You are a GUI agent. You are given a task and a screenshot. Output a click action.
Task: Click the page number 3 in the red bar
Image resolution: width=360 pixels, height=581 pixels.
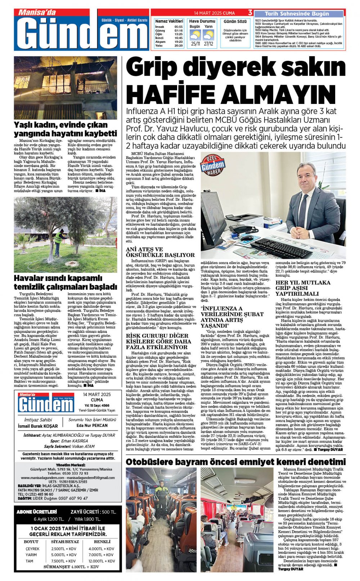click(250, 13)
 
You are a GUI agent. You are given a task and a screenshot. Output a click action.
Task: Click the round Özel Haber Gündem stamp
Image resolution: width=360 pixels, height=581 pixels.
click(212, 165)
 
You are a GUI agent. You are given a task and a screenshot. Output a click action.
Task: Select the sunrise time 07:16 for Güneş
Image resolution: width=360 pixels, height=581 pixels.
click(178, 31)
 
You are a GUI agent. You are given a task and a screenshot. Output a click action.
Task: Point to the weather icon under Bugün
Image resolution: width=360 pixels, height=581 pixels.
click(195, 35)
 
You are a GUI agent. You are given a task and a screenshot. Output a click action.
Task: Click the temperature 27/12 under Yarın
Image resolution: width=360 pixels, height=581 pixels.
click(208, 44)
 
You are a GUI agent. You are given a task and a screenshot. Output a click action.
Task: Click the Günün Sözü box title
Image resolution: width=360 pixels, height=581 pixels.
click(235, 22)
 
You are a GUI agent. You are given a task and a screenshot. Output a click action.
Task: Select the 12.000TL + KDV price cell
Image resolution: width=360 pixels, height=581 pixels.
click(102, 561)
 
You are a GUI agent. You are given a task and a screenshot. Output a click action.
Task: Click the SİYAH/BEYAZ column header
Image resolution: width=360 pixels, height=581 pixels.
click(65, 541)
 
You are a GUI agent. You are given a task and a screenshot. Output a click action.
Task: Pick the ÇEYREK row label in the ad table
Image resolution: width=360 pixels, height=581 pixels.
click(32, 549)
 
